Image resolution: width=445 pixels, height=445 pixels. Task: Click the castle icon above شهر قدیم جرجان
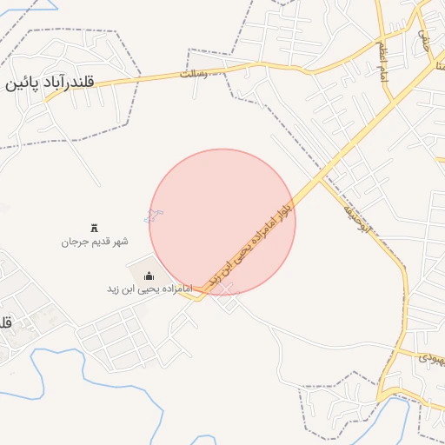[95, 227]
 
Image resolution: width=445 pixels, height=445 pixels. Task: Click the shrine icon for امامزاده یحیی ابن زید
[146, 276]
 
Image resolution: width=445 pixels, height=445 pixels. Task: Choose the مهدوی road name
[430, 356]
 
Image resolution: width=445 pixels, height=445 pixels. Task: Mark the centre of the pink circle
[222, 222]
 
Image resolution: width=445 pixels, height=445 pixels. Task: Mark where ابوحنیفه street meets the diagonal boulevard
[322, 177]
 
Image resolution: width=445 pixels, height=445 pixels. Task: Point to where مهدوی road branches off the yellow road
[390, 349]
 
